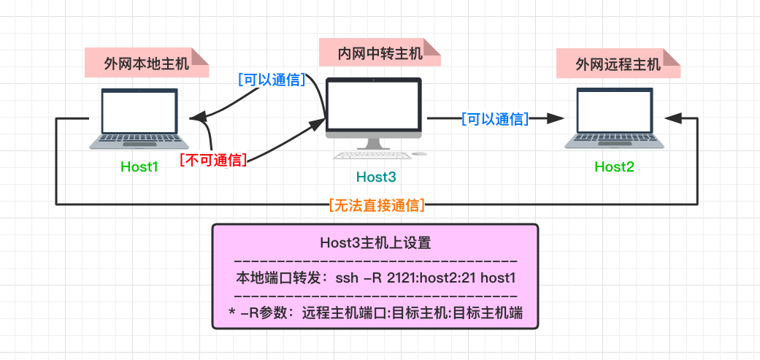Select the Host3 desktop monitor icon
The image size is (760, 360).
[x=373, y=110]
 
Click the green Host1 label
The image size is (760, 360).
[x=139, y=166]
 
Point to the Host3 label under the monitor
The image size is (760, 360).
[x=376, y=177]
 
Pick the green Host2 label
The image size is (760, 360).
[x=614, y=166]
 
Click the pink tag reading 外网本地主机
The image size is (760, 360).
[x=147, y=64]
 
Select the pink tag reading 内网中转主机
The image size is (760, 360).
[x=380, y=53]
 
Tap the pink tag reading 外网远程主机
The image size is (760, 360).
[x=618, y=64]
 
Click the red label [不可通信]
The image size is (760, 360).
[x=213, y=160]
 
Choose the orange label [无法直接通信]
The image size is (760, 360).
[x=377, y=205]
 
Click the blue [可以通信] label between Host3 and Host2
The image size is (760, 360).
[x=494, y=118]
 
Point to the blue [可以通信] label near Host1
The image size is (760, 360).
[x=272, y=80]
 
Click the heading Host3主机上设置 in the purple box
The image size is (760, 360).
[x=375, y=243]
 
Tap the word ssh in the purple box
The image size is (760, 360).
[x=347, y=278]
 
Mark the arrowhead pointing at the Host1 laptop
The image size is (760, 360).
[x=195, y=118]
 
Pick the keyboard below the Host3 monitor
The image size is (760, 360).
[x=372, y=154]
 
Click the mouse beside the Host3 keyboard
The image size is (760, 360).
[x=419, y=153]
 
